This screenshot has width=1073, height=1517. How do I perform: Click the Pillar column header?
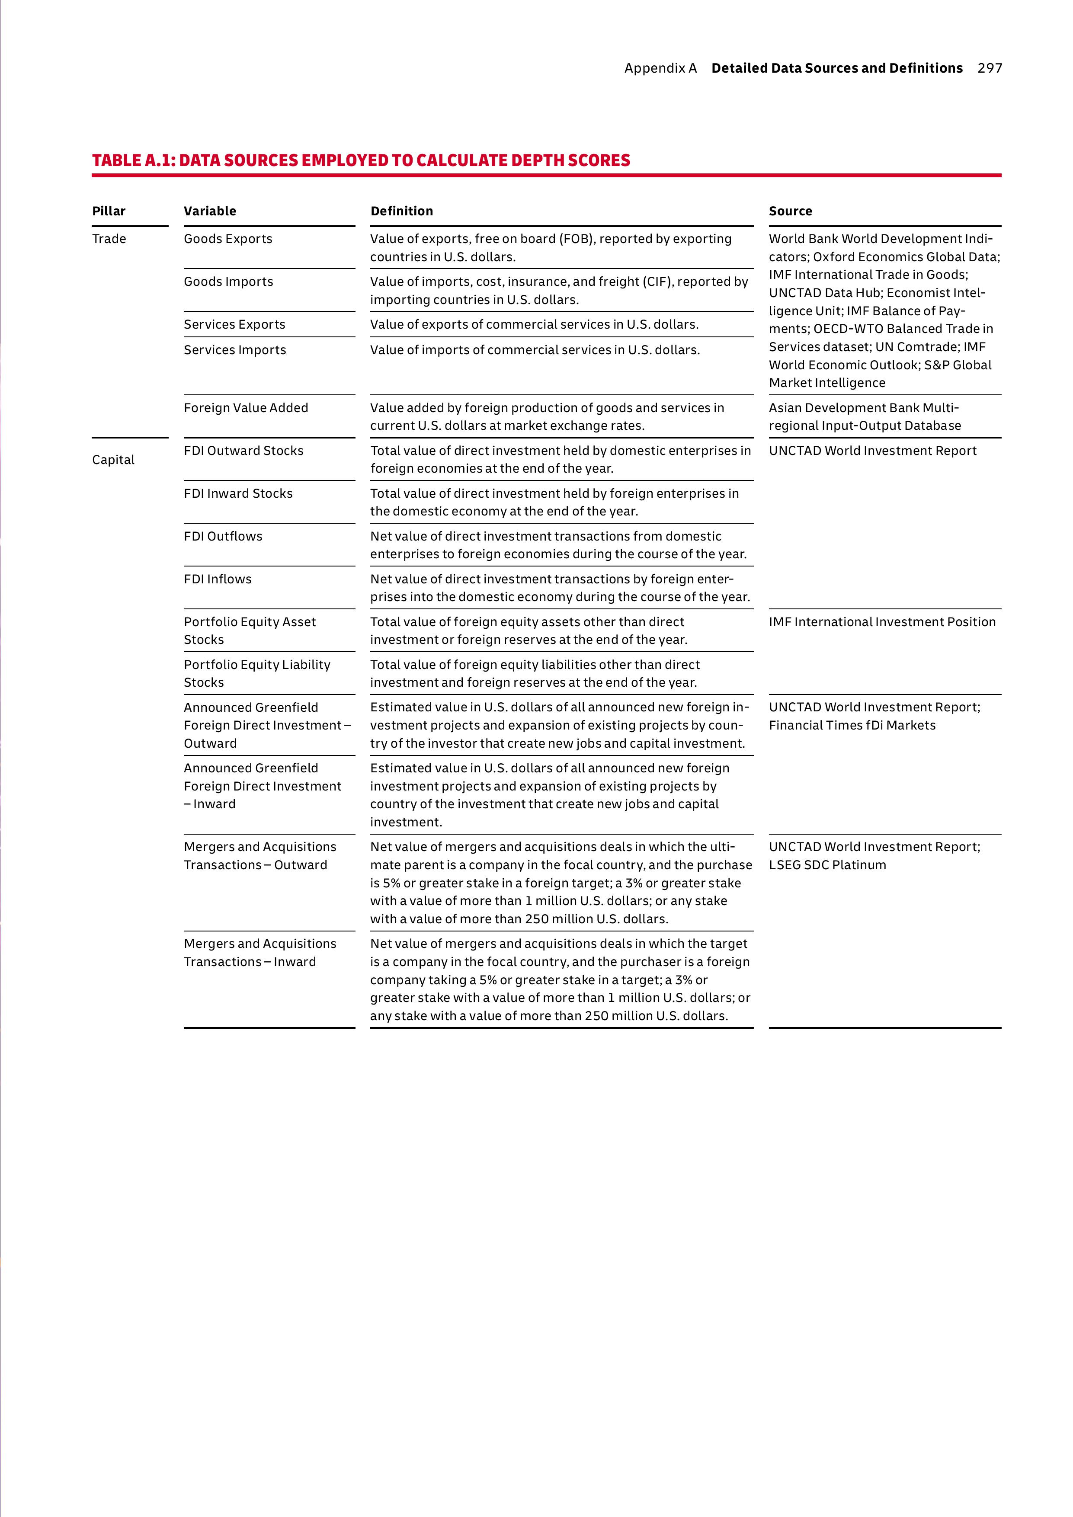109,211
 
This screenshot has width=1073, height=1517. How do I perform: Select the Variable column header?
209,211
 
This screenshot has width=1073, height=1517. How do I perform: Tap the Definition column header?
401,211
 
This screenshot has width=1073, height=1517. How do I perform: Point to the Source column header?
790,211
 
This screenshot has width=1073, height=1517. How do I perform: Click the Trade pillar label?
109,239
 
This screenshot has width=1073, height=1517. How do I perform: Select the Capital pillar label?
113,460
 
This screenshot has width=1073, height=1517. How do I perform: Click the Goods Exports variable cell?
228,239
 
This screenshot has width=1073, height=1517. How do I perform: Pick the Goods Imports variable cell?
228,282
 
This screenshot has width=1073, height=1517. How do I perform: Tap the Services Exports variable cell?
234,324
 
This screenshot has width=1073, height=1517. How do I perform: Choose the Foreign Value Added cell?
246,408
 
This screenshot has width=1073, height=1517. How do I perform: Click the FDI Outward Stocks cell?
243,451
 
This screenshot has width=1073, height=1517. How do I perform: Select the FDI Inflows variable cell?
218,579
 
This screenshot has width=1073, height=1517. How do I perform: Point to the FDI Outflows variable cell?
223,536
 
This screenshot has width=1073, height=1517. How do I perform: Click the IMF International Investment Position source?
881,622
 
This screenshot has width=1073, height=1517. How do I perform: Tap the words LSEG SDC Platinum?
827,865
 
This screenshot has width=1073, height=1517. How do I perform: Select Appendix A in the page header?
660,68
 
